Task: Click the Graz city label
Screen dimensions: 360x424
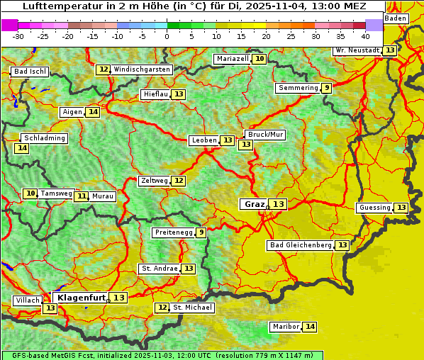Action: pos(254,204)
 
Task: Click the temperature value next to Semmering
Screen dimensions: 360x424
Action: pos(326,88)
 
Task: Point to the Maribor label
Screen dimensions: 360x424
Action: pos(286,327)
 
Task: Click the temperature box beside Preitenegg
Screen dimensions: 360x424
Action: pos(201,232)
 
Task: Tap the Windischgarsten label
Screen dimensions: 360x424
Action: pos(142,69)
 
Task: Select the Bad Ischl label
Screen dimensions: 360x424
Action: pos(30,72)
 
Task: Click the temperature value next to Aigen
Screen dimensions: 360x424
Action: pos(93,112)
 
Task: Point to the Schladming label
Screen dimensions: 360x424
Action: pos(44,138)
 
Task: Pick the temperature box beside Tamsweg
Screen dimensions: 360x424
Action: pos(30,193)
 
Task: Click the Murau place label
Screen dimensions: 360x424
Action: pos(103,196)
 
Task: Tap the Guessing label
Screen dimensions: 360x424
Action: pos(374,208)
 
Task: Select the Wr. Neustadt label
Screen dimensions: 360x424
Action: pos(357,50)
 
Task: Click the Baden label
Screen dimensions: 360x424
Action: pos(396,18)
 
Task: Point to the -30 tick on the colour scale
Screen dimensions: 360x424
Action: pos(18,35)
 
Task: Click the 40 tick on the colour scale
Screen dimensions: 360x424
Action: pos(365,35)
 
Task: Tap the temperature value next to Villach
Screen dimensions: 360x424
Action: pos(50,308)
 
